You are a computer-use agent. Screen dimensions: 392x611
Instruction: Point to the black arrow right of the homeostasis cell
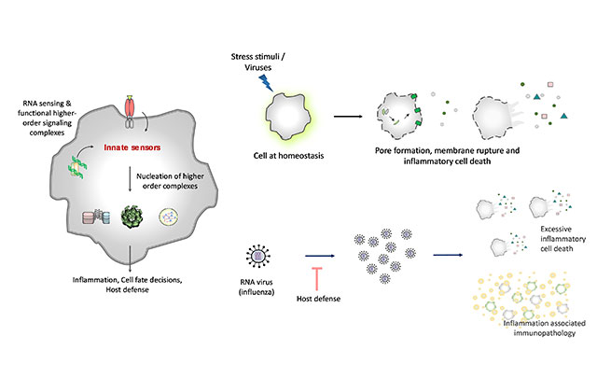(347, 117)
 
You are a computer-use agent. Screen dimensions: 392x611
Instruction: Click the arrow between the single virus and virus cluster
(322, 252)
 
